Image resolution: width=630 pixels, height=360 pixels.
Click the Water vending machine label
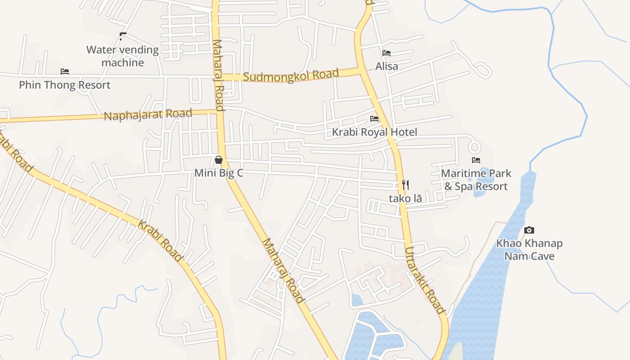pyautogui.click(x=122, y=56)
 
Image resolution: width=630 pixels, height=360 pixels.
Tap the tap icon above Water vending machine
pyautogui.click(x=122, y=36)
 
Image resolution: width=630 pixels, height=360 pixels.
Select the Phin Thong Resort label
pyautogui.click(x=64, y=85)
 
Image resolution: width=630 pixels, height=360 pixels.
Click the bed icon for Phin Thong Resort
pyautogui.click(x=65, y=72)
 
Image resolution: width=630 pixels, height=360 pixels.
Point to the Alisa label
pyautogui.click(x=387, y=66)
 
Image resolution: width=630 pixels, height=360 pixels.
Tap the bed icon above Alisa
pyautogui.click(x=386, y=53)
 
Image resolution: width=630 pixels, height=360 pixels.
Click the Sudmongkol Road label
pyautogui.click(x=291, y=75)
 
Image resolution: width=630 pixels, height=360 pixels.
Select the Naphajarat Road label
pyautogui.click(x=148, y=114)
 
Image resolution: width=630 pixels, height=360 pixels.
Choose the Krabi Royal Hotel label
pyautogui.click(x=374, y=132)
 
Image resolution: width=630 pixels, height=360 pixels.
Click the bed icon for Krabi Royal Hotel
pyautogui.click(x=374, y=119)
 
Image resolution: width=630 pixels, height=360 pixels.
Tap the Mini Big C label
pyautogui.click(x=219, y=173)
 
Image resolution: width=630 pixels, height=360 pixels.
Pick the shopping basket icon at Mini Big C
pyautogui.click(x=219, y=160)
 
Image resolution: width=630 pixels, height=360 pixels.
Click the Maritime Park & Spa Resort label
pyautogui.click(x=476, y=180)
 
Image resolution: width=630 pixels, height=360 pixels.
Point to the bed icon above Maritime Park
pyautogui.click(x=476, y=160)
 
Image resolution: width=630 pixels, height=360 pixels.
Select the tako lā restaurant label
pyautogui.click(x=405, y=198)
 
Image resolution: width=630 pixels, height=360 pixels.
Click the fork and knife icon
pyautogui.click(x=405, y=184)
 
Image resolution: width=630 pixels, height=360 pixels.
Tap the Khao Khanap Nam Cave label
pyautogui.click(x=529, y=250)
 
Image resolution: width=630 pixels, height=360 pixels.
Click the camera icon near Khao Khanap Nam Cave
pyautogui.click(x=529, y=230)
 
